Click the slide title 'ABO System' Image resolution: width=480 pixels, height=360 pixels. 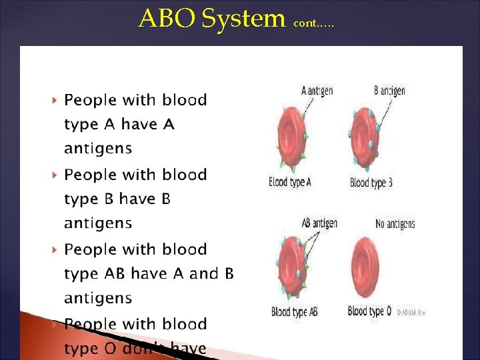coord(211,19)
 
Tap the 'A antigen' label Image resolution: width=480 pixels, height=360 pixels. coord(317,91)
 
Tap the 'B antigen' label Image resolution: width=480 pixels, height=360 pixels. coord(390,91)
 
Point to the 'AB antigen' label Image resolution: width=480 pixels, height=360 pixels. coord(319,223)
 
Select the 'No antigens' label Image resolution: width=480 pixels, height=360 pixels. coord(395,224)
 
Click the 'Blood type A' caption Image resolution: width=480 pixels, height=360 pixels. coord(290,182)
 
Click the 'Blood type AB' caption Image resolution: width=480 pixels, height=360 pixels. coord(295,311)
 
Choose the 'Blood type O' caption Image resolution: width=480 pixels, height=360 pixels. coord(366,311)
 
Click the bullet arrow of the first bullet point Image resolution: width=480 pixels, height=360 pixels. coord(54,101)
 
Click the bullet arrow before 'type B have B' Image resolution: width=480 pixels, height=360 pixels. coord(54,175)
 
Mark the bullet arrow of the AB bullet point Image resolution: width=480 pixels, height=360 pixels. coord(54,250)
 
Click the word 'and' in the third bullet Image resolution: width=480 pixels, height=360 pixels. coord(204,273)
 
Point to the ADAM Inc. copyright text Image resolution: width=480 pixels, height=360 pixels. coord(411,312)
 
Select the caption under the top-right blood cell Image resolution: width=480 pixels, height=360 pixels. coord(371,183)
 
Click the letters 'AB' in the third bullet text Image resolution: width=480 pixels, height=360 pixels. coord(115,273)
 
